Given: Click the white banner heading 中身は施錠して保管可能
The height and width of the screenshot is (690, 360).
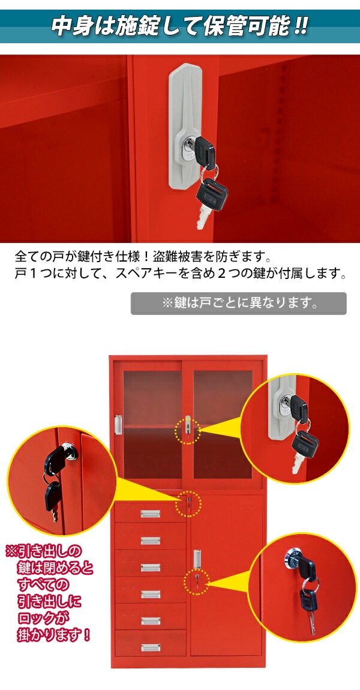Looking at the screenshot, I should click(180, 27).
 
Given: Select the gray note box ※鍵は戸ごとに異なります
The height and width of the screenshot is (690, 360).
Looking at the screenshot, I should click(238, 303).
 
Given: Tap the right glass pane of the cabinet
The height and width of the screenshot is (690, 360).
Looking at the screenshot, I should click(223, 424).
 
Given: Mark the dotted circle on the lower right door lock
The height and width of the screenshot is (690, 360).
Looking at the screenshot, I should click(199, 580).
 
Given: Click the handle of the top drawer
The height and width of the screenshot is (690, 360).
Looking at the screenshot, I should click(150, 514).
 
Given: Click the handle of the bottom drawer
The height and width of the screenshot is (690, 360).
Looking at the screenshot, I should click(150, 647).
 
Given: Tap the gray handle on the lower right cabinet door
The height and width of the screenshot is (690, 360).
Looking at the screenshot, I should click(196, 558).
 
